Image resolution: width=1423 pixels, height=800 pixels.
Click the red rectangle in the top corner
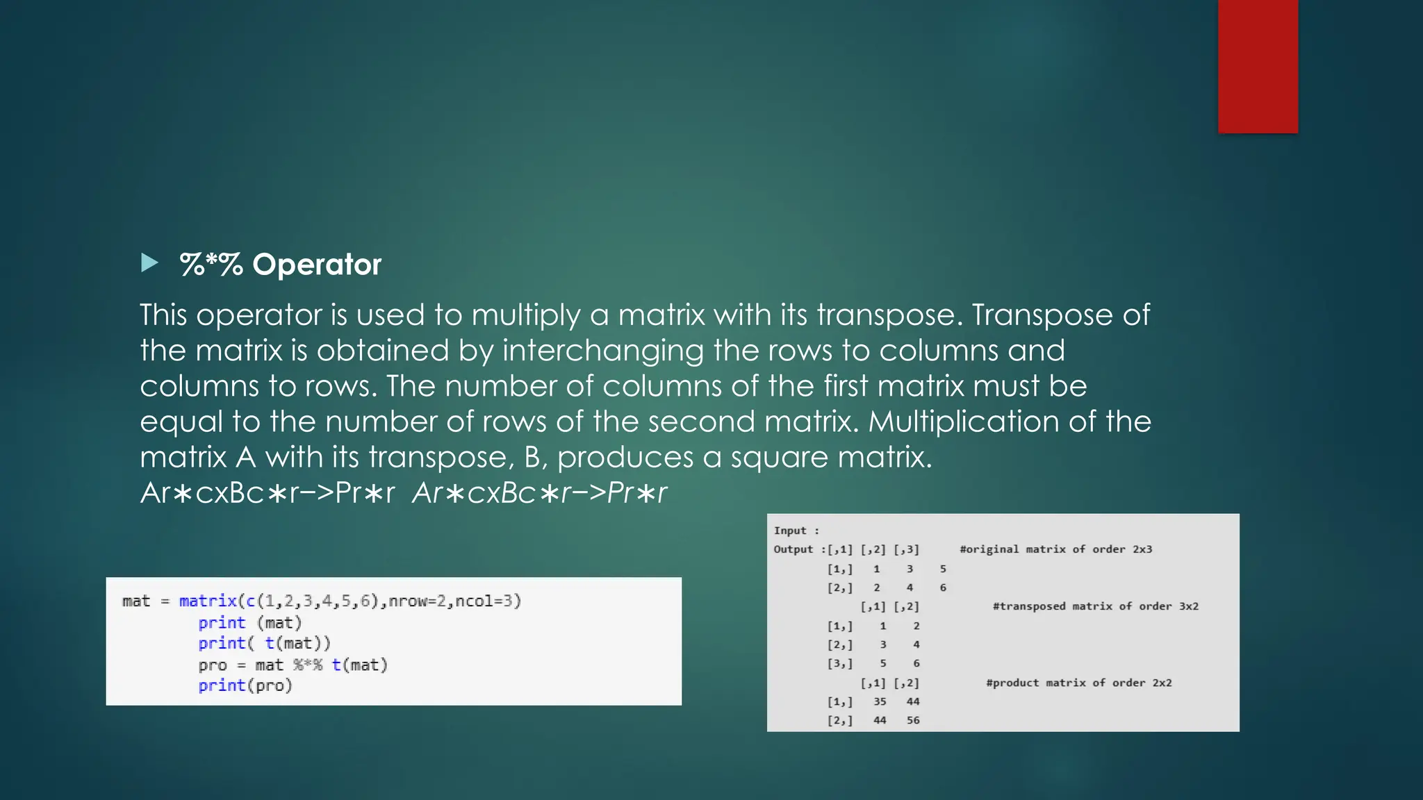coord(1258,66)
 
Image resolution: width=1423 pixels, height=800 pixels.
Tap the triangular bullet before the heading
coord(149,262)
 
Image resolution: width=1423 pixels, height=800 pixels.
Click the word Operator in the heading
coord(317,265)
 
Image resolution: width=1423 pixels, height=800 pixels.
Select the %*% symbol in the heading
coord(211,265)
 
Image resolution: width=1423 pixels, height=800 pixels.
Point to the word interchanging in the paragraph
coord(602,351)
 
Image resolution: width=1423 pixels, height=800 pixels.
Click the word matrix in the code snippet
coord(208,601)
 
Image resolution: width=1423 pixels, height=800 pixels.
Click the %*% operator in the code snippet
coord(307,665)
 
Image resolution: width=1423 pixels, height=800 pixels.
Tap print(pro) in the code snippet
coord(245,686)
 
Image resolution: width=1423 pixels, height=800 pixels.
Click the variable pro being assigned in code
coord(212,665)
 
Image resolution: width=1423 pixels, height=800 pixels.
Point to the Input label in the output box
coord(791,531)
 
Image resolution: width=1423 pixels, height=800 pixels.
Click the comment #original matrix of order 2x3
coord(1055,549)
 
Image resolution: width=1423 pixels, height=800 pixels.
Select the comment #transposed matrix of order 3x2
coord(1095,606)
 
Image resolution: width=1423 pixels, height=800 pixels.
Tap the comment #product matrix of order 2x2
coord(1078,683)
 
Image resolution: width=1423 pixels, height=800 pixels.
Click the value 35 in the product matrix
coord(880,701)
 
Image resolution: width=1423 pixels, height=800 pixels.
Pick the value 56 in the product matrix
coord(913,720)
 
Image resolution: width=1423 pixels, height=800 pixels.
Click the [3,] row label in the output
coord(839,663)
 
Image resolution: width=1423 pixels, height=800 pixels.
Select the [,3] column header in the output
coord(906,549)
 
